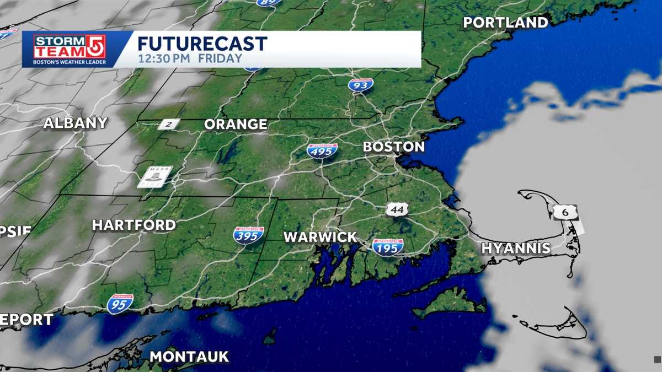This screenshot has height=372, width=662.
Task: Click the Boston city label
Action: coord(393,147)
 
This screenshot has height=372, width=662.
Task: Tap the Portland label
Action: coord(505,23)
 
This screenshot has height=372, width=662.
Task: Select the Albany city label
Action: coord(75,123)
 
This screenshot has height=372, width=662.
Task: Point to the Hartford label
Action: coord(134,225)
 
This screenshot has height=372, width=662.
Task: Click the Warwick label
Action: coord(320,237)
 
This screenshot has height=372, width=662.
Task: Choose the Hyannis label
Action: coord(516,248)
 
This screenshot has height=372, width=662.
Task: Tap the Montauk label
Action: coord(189,357)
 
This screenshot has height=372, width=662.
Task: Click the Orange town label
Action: coord(236,125)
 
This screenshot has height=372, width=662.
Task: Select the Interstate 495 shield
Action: coord(323,150)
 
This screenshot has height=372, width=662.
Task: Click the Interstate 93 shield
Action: coord(361,84)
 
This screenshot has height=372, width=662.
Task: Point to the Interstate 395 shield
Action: coord(248,235)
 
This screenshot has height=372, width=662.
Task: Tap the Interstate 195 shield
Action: coord(388,246)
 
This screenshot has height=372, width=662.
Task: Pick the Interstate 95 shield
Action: coord(120,303)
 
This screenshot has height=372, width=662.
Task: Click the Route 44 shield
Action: coord(397,209)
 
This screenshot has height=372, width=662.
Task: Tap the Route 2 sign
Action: coord(168,125)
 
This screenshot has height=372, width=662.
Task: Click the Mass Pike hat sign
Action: coord(155,176)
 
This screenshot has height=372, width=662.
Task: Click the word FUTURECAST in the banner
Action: coord(202,44)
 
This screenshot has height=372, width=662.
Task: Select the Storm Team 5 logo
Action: coord(69,49)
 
